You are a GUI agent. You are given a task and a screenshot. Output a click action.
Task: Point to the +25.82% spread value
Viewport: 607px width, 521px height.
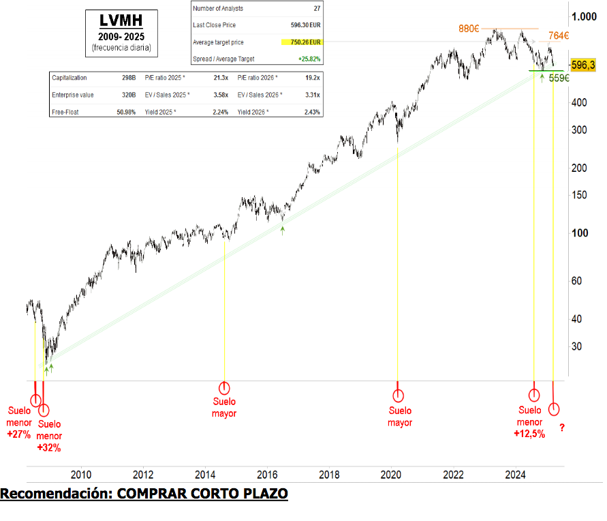pos(308,59)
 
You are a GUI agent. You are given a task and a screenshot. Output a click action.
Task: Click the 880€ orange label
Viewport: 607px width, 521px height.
pos(469,29)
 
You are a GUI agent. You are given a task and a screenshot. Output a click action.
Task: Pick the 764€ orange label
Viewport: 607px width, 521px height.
pos(559,36)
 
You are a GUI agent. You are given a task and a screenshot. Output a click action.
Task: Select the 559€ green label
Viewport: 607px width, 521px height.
pos(559,78)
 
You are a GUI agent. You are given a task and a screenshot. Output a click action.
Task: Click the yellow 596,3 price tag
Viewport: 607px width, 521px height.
pos(584,65)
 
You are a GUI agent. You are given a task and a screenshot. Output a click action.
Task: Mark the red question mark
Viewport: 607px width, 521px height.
pos(562,428)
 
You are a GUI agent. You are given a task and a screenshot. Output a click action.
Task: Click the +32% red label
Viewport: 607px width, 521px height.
pos(49,448)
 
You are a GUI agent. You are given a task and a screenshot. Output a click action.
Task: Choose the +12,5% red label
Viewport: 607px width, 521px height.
pos(530,434)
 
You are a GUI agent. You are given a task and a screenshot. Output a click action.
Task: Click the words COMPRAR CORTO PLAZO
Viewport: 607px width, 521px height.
pos(202,493)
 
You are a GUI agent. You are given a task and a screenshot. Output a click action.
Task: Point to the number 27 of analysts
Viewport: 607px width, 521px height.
pos(317,8)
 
